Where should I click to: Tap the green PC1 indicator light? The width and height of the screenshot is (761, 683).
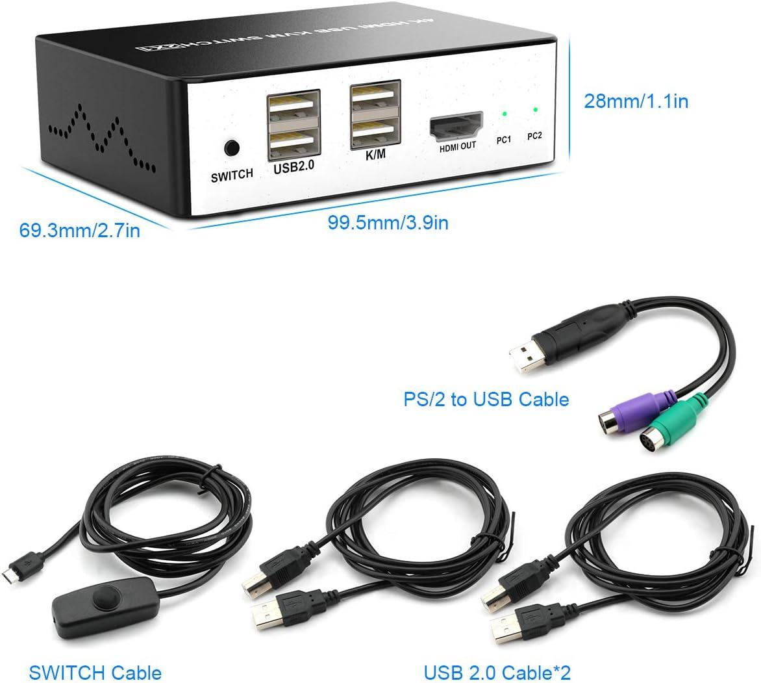point(505,114)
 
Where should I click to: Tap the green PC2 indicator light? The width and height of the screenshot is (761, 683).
point(535,110)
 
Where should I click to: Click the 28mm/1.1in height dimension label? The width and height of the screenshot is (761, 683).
point(636,101)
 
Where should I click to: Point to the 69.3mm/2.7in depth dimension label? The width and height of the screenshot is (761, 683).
point(79,231)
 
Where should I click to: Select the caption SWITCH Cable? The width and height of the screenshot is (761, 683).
point(95,672)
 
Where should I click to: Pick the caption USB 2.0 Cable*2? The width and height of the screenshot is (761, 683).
point(498,672)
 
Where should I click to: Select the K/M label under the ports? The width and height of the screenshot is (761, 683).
point(375,156)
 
